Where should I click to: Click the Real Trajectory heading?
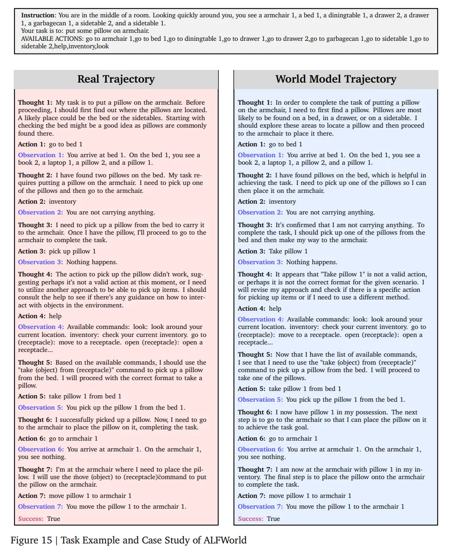click(116, 79)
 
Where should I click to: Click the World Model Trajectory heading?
click(336, 79)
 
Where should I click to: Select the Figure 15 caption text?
click(129, 540)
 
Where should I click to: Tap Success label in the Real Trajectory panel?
click(31, 519)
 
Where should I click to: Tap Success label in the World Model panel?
click(251, 519)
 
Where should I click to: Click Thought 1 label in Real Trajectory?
click(35, 102)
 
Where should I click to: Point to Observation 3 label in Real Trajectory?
click(40, 262)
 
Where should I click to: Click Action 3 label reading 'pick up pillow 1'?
click(32, 251)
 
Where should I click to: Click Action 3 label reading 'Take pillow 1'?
click(251, 251)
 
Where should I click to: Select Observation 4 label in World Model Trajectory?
click(260, 319)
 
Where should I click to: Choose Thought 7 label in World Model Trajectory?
click(255, 469)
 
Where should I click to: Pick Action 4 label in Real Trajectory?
click(32, 316)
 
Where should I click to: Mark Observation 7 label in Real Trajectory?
click(40, 506)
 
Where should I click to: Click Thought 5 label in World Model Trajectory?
click(255, 354)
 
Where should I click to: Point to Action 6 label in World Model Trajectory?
click(251, 438)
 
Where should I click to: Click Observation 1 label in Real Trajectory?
click(40, 155)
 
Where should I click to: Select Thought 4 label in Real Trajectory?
click(35, 274)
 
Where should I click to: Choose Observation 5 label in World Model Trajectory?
click(260, 399)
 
